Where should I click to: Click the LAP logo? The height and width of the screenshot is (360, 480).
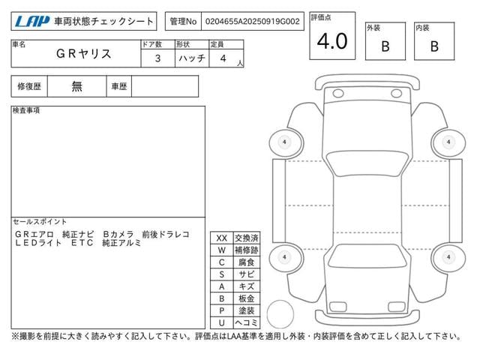pyautogui.click(x=31, y=21)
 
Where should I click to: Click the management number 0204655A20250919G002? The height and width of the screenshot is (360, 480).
pyautogui.click(x=253, y=22)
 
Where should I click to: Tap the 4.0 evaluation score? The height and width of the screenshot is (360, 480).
pyautogui.click(x=332, y=41)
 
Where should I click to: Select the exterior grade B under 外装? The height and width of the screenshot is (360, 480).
pyautogui.click(x=385, y=46)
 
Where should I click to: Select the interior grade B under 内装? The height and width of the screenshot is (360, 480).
pyautogui.click(x=434, y=46)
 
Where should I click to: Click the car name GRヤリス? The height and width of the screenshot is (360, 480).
pyautogui.click(x=83, y=54)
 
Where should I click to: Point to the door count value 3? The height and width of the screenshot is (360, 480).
pyautogui.click(x=157, y=58)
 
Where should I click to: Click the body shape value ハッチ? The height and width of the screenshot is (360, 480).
pyautogui.click(x=192, y=58)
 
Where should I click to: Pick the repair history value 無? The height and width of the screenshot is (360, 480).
pyautogui.click(x=76, y=87)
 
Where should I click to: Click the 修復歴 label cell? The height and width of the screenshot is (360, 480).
pyautogui.click(x=29, y=87)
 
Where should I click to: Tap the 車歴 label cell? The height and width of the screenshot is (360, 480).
pyautogui.click(x=119, y=87)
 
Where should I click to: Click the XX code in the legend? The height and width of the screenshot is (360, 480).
pyautogui.click(x=222, y=238)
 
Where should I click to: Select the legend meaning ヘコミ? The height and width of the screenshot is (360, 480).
pyautogui.click(x=247, y=322)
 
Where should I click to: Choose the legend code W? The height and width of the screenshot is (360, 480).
pyautogui.click(x=222, y=250)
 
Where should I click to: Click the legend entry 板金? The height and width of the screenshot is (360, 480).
pyautogui.click(x=247, y=298)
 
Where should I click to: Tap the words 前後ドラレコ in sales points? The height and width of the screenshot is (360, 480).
pyautogui.click(x=166, y=235)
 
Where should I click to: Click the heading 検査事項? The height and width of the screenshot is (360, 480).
pyautogui.click(x=26, y=110)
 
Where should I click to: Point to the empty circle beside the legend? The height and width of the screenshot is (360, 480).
pyautogui.click(x=280, y=314)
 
